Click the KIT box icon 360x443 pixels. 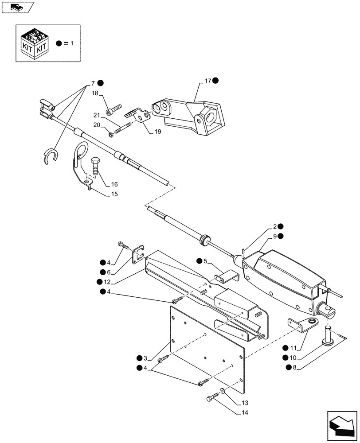click(x=34, y=43)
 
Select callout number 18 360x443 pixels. click(x=95, y=93)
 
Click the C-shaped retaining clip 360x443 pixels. click(x=51, y=157)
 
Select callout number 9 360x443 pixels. click(x=275, y=237)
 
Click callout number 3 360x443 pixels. click(x=146, y=358)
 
